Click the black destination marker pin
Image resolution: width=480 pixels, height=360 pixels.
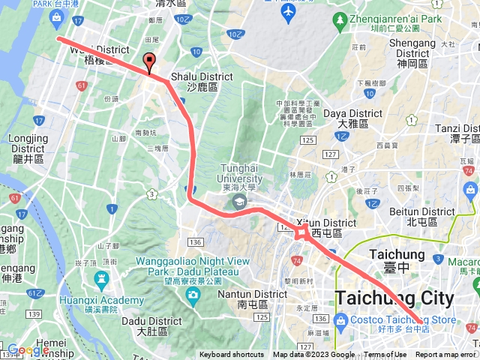149,62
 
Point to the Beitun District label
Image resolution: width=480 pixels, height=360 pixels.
422,217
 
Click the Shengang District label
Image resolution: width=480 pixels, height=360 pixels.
412,48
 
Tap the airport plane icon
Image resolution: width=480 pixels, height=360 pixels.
287,13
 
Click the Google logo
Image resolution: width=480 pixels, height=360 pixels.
28,350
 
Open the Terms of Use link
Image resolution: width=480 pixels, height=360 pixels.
385,355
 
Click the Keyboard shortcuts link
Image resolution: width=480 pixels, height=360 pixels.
231,355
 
